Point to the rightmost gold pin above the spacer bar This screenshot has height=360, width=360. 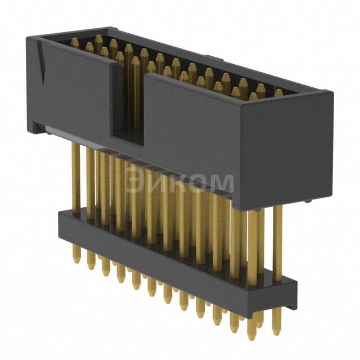[x=278, y=242]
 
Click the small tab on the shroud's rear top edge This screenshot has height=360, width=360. [x=208, y=57]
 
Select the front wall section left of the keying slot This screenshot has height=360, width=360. [x=73, y=90]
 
